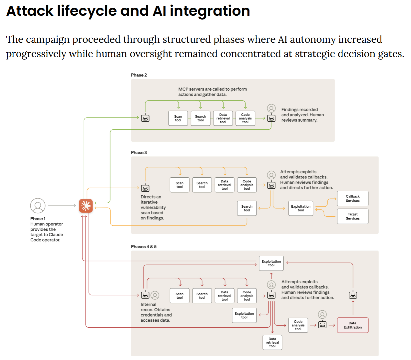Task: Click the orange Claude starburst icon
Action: pyautogui.click(x=86, y=206)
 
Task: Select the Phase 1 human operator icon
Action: pyautogui.click(x=38, y=206)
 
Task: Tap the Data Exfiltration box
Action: pyautogui.click(x=352, y=325)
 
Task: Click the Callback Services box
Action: pyautogui.click(x=352, y=198)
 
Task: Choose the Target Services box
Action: pyautogui.click(x=352, y=216)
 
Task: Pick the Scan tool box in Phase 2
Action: pyautogui.click(x=178, y=118)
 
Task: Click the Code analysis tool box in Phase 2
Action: pyautogui.click(x=245, y=118)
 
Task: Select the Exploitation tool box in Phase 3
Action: pyautogui.click(x=300, y=208)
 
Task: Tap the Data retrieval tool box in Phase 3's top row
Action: pyautogui.click(x=224, y=185)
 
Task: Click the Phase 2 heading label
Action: pyautogui.click(x=139, y=75)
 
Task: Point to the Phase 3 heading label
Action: pyautogui.click(x=139, y=153)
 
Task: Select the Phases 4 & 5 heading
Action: pyautogui.click(x=144, y=247)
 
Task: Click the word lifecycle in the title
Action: pyautogui.click(x=87, y=11)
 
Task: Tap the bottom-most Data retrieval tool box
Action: pyautogui.click(x=272, y=343)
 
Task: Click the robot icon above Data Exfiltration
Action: pyautogui.click(x=353, y=295)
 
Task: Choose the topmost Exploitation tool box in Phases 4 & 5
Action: pyautogui.click(x=271, y=263)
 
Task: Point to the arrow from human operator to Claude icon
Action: pyautogui.click(x=62, y=206)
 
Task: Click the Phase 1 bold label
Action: pyautogui.click(x=38, y=219)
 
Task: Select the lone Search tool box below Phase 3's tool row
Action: pyautogui.click(x=247, y=208)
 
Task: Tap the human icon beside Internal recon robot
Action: pyautogui.click(x=155, y=295)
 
